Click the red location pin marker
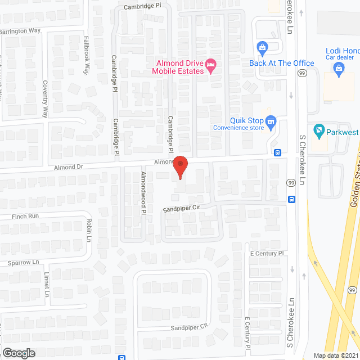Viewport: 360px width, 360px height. (x=180, y=165)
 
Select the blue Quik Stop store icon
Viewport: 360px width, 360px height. (x=271, y=121)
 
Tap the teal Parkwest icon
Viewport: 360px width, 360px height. (x=318, y=132)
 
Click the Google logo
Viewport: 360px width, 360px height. (x=18, y=353)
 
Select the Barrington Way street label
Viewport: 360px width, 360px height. (x=20, y=31)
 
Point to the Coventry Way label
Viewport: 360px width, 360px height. (x=45, y=98)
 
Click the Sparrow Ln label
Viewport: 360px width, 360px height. (x=23, y=262)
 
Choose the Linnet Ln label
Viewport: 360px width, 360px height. (x=47, y=285)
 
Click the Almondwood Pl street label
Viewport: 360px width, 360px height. (x=143, y=192)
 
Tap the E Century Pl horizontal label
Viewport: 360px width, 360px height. (x=268, y=254)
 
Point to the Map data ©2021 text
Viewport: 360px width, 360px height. (x=335, y=355)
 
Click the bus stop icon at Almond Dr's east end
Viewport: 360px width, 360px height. (x=278, y=152)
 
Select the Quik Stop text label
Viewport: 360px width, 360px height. (x=246, y=120)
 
